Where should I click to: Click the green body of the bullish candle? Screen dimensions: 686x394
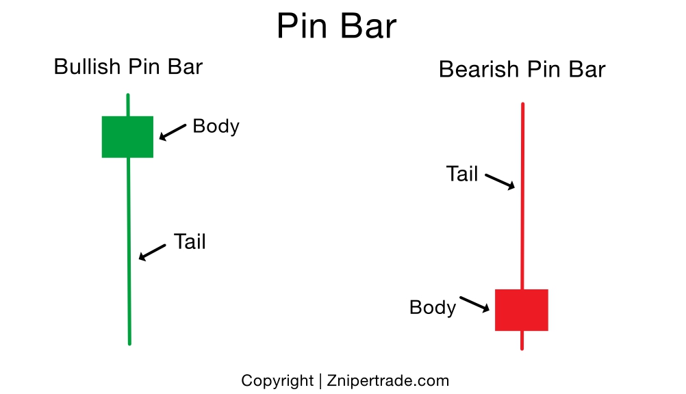coord(127,137)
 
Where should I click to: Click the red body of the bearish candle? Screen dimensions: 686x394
coord(522,310)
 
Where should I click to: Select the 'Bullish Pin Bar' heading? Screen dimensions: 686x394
coord(128,67)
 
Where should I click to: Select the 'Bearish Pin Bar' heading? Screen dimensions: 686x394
coord(522,70)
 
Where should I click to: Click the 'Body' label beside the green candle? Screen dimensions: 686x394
coord(216,127)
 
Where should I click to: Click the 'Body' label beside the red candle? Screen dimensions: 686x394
coord(432,308)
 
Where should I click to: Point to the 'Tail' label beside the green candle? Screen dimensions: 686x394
coord(190,242)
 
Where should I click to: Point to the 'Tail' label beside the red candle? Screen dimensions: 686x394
coord(462,174)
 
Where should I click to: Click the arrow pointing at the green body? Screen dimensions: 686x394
coord(173,131)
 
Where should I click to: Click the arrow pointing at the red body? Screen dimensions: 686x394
coord(474,304)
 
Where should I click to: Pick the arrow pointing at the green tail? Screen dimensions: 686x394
coord(152,252)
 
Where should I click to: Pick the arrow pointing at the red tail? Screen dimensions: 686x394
coord(500,181)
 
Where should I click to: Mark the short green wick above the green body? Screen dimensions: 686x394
coord(128,105)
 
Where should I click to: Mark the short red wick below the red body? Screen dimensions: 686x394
coord(522,340)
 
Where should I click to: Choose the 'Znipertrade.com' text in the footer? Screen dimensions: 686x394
coord(388,381)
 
